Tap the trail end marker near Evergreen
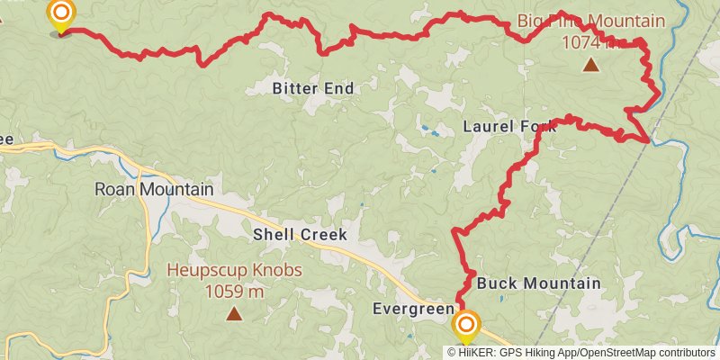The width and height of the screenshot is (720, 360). pyautogui.click(x=466, y=325)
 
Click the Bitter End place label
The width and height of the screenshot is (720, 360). pyautogui.click(x=313, y=88)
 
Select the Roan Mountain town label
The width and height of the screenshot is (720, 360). pyautogui.click(x=154, y=190)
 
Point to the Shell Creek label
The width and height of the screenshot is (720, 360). pyautogui.click(x=300, y=234)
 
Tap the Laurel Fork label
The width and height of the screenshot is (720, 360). pyautogui.click(x=509, y=126)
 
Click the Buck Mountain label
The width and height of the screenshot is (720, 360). pyautogui.click(x=538, y=283)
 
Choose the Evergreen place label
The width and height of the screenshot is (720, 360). pyautogui.click(x=413, y=310)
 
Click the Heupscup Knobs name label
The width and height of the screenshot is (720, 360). pyautogui.click(x=234, y=271)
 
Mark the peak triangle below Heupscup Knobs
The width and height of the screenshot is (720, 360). pyautogui.click(x=234, y=313)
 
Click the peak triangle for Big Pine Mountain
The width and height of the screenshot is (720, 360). pyautogui.click(x=590, y=64)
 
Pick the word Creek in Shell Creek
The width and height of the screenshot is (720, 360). pyautogui.click(x=323, y=234)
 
